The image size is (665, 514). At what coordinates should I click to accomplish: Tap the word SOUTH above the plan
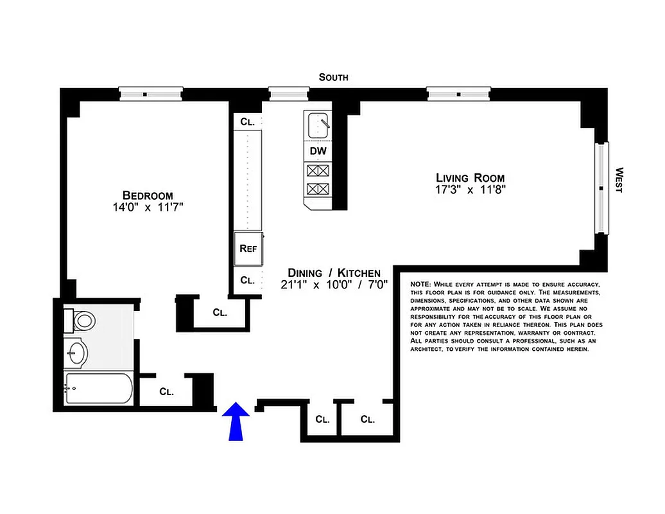[334, 77]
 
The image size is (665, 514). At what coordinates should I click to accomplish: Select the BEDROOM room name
[148, 195]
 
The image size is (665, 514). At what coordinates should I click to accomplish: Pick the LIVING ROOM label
[470, 178]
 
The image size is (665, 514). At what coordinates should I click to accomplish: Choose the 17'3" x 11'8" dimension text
[470, 190]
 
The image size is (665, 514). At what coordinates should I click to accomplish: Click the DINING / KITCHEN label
[334, 272]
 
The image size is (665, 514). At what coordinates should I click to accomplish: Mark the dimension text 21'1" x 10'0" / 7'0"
[334, 285]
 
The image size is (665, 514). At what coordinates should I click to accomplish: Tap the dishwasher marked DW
[318, 152]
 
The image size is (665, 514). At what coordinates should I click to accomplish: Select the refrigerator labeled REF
[248, 248]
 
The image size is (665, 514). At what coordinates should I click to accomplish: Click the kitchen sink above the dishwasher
[318, 125]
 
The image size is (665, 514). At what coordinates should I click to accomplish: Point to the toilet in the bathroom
[80, 319]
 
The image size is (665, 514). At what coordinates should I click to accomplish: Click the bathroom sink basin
[77, 353]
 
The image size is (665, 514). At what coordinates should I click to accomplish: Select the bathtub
[99, 389]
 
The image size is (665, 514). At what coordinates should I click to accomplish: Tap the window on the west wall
[601, 188]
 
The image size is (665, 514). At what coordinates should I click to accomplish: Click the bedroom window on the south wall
[151, 94]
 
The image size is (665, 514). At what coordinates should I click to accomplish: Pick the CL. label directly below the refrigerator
[247, 280]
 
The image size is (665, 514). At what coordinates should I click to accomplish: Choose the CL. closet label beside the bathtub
[166, 391]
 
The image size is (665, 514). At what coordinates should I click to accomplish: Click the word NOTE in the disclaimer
[420, 284]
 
